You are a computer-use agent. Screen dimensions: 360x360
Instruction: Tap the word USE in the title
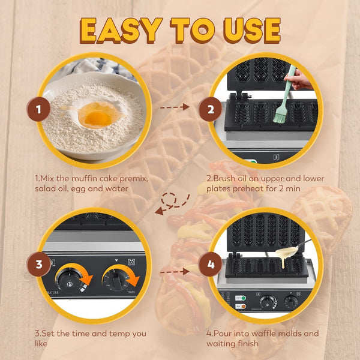[252, 31]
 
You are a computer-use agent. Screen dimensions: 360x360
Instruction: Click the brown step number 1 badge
[38, 109]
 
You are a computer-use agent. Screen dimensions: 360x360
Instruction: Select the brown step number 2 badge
[211, 109]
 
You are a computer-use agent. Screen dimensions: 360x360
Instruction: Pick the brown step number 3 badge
[38, 264]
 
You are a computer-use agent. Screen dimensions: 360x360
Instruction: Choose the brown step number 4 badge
[211, 264]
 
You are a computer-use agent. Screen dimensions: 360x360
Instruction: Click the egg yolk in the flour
[97, 118]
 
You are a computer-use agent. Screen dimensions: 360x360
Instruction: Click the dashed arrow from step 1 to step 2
[175, 107]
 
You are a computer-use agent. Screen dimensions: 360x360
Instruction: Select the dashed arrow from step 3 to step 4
[175, 272]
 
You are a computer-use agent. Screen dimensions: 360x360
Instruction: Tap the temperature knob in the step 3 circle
[70, 282]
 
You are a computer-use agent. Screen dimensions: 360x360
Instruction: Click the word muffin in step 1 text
[82, 178]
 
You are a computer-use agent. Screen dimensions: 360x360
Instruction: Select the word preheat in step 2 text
[248, 189]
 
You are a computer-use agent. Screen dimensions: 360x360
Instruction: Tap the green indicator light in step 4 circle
[244, 298]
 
